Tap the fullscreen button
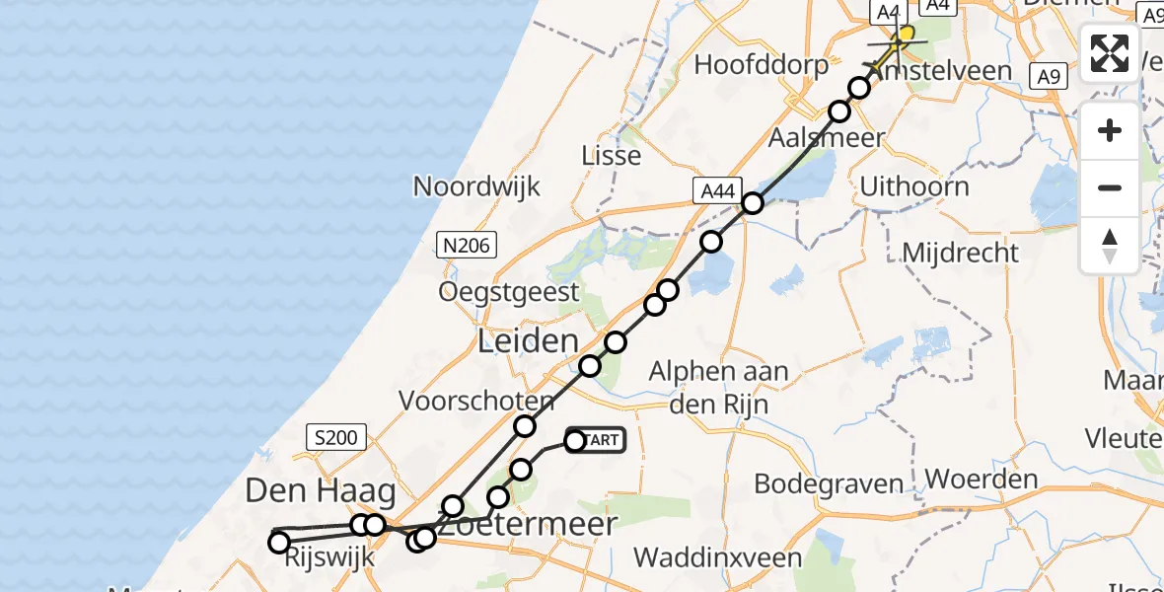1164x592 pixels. [x=1110, y=53]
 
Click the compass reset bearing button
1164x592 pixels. [x=1110, y=246]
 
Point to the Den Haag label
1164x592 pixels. [x=321, y=489]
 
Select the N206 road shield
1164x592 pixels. [x=467, y=246]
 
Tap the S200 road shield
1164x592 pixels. [x=336, y=437]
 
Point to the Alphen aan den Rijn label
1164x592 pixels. [x=719, y=388]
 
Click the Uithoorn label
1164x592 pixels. [x=914, y=185]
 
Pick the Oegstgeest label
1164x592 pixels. [x=510, y=291]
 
